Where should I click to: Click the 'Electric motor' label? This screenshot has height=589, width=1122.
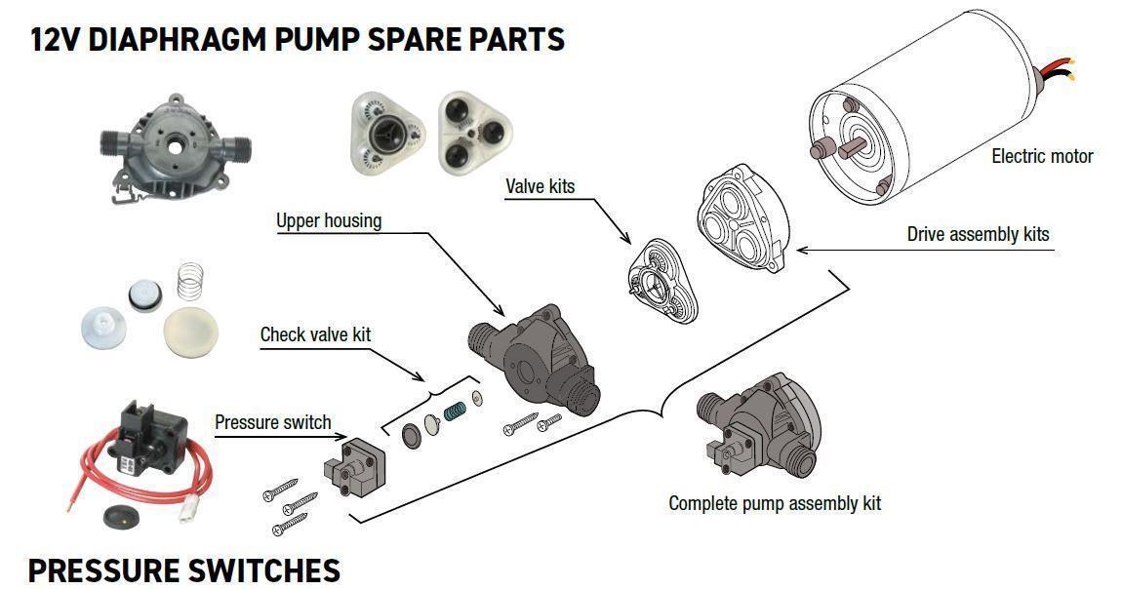tap(1042, 156)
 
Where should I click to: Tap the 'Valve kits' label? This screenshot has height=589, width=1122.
tap(541, 186)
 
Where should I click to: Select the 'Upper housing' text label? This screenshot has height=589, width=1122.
tap(329, 220)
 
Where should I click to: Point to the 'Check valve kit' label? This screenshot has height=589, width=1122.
tap(315, 334)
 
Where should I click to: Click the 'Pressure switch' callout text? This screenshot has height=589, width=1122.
tap(272, 422)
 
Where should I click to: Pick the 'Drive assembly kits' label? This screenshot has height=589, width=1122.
tap(979, 234)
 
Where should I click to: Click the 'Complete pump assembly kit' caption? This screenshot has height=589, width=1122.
tap(775, 503)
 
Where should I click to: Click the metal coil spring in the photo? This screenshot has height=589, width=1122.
tap(189, 282)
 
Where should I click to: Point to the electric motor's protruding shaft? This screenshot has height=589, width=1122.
tap(854, 148)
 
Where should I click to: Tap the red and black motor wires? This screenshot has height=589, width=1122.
tap(1055, 70)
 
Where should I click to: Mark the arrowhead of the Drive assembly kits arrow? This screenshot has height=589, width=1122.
tap(802, 251)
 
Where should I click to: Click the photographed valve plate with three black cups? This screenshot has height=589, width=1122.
tap(475, 133)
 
